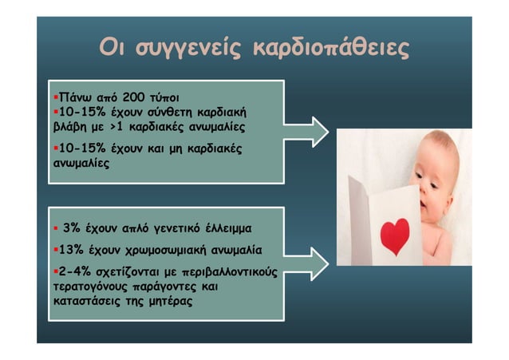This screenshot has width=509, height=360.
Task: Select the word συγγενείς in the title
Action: click(187, 48)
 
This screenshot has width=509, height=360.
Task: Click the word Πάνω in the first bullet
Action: click(68, 97)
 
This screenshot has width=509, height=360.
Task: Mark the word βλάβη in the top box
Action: click(66, 126)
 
